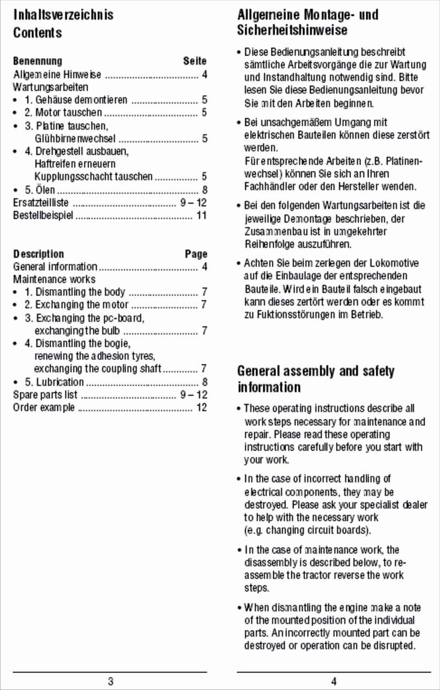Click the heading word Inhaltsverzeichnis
[x=63, y=14]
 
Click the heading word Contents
[x=37, y=32]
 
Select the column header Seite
[x=195, y=61]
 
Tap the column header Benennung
[x=37, y=61]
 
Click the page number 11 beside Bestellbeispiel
[x=201, y=215]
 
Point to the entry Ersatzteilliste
[x=41, y=203]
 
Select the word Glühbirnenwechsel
[x=75, y=138]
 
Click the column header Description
[x=38, y=254]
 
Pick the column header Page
[x=196, y=254]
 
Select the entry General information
[x=55, y=267]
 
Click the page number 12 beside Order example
[x=201, y=408]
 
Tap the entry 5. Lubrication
[x=54, y=382]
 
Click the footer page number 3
[x=111, y=682]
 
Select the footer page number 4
[x=334, y=682]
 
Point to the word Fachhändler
[x=269, y=186]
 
